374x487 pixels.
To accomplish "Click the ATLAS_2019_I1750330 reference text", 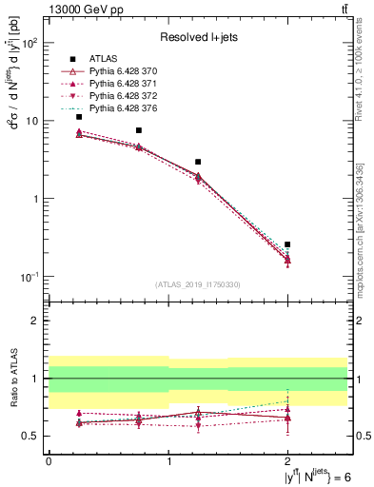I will (198, 284).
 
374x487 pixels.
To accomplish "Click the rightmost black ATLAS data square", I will (287, 244).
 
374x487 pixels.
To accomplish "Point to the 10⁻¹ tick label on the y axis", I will (30, 277).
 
